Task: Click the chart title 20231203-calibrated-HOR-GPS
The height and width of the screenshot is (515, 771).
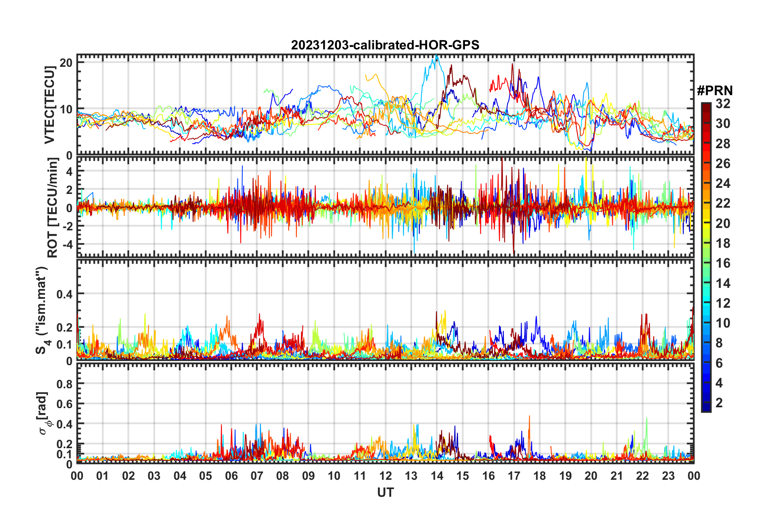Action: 385,45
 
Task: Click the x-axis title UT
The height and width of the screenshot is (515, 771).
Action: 385,492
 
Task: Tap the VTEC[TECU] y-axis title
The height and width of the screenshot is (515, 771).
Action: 49,105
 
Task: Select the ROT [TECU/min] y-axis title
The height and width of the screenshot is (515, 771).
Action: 53,208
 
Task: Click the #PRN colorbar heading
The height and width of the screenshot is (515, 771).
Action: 715,90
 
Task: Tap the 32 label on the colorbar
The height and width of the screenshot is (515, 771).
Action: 723,104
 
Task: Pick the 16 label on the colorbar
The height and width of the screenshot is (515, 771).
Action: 723,263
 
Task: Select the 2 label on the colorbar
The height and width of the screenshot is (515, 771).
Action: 719,402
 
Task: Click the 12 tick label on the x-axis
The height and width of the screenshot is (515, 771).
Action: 385,476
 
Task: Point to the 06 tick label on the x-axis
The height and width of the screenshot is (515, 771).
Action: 231,476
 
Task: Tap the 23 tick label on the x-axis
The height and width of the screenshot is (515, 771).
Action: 668,476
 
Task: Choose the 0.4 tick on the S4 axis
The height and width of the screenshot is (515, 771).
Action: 64,294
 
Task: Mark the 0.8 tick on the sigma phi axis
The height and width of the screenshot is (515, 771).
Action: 64,384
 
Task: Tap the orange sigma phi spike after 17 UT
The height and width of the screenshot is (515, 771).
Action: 529,417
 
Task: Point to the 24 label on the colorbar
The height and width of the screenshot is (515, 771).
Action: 723,183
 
